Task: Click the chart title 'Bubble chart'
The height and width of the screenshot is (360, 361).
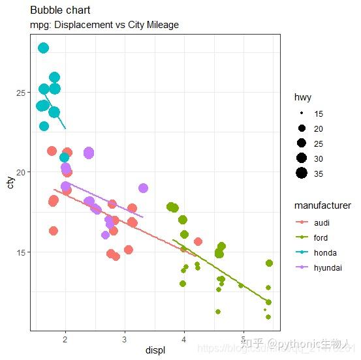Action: click(x=60, y=10)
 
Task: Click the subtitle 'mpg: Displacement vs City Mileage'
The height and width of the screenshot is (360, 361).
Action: click(x=104, y=25)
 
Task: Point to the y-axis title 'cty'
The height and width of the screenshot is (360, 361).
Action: click(x=10, y=182)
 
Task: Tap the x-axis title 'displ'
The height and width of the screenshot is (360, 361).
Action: click(x=155, y=350)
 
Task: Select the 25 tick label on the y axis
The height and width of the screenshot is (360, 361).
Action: click(x=22, y=93)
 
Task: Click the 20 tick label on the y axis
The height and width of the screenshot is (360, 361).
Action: click(x=22, y=172)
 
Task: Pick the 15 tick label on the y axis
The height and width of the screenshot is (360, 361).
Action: click(x=22, y=252)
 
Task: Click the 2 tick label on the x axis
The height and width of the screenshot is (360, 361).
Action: click(x=65, y=339)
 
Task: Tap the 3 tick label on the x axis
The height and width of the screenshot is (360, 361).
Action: click(x=125, y=339)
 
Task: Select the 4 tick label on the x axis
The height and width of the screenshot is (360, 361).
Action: click(x=184, y=339)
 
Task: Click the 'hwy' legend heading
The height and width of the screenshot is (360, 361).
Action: click(x=302, y=97)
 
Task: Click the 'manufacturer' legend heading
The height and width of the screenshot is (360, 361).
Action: click(x=322, y=205)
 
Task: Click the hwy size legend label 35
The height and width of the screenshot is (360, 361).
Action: click(x=319, y=173)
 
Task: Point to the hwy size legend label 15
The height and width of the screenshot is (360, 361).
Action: click(x=319, y=113)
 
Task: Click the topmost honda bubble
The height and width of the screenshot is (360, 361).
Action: click(x=44, y=48)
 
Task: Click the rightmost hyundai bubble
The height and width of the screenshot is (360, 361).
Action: click(x=143, y=188)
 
